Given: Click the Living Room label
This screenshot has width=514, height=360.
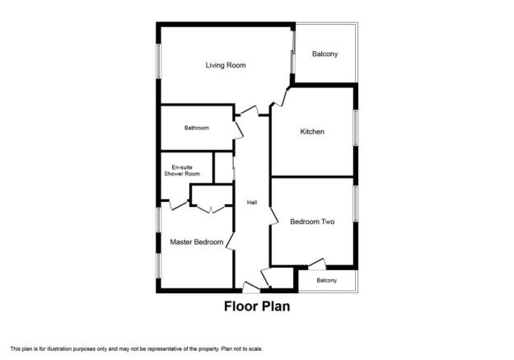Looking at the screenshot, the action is [x=226, y=65].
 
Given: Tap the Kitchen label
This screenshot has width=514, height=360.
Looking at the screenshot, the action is [x=312, y=132].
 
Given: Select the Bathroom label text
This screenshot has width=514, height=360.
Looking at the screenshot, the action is [x=196, y=128].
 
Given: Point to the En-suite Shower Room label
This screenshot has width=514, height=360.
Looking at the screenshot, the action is [x=182, y=171].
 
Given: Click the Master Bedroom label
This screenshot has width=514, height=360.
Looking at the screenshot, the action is [x=197, y=242].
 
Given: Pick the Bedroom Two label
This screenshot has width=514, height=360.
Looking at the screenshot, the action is [x=312, y=222].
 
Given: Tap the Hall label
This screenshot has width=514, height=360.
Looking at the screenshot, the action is [x=252, y=203].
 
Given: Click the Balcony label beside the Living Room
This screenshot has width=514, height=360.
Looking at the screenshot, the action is [x=325, y=54].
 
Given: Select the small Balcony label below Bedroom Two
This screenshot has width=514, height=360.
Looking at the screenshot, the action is [x=326, y=280].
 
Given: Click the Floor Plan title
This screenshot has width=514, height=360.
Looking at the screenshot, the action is [x=257, y=306].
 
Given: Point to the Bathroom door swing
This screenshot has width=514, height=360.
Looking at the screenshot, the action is [x=239, y=130].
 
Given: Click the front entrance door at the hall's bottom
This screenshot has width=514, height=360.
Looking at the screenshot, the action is [x=251, y=287].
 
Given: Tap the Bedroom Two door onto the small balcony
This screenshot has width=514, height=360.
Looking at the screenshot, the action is [x=317, y=264].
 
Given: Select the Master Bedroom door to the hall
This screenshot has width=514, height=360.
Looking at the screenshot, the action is [x=231, y=242].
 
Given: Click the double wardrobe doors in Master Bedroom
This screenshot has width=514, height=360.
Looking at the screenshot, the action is [x=211, y=209].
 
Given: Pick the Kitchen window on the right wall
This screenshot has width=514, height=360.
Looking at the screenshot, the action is [x=356, y=128].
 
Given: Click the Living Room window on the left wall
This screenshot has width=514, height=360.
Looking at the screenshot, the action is [x=159, y=61].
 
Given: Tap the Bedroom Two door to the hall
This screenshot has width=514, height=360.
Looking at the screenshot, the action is [x=274, y=216].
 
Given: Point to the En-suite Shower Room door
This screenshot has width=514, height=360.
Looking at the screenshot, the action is [x=179, y=205].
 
